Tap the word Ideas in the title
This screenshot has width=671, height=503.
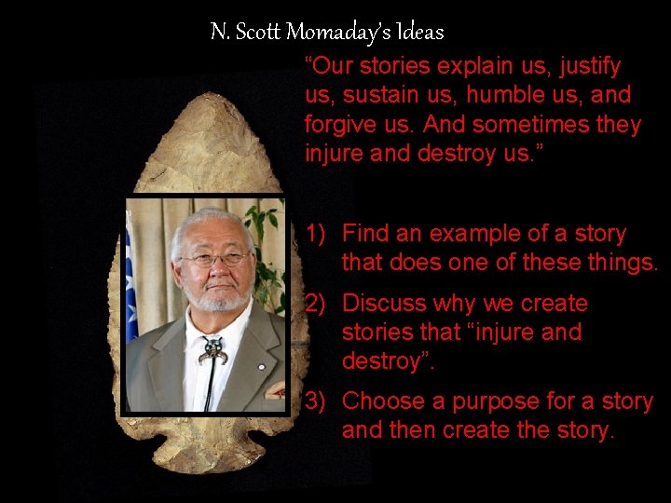(x=420, y=33)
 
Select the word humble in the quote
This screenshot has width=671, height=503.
(x=509, y=95)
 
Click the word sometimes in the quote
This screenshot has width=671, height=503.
(x=507, y=125)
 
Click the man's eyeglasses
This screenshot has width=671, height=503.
(x=216, y=259)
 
